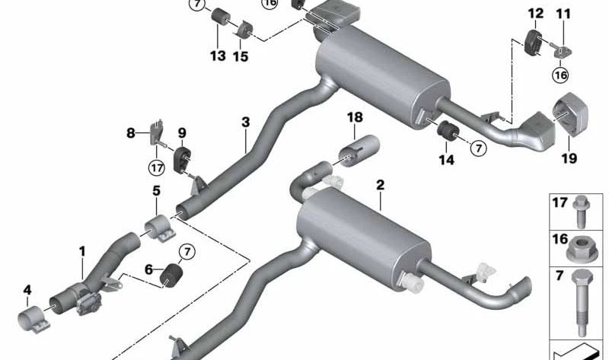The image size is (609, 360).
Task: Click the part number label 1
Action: click(x=82, y=250)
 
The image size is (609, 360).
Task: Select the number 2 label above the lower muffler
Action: click(x=380, y=185)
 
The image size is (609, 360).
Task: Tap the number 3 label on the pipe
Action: click(x=245, y=123)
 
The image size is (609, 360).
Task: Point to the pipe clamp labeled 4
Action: click(x=34, y=317)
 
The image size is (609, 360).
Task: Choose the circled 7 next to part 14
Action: click(x=478, y=148)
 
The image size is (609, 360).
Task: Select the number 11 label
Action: click(x=563, y=13)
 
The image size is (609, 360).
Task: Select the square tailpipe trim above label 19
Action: click(x=569, y=117)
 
